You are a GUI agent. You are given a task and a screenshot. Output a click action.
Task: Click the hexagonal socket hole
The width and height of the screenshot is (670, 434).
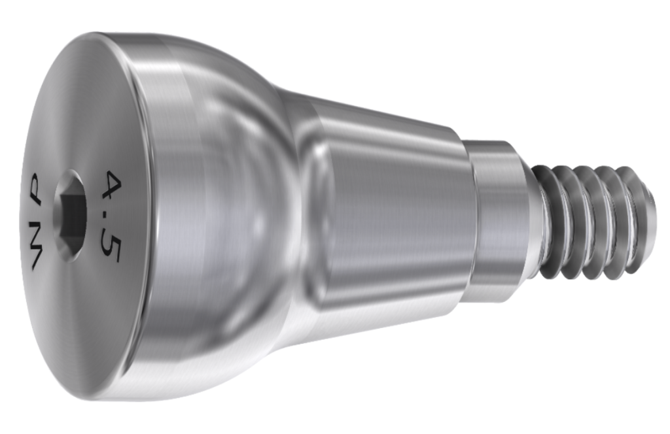(70, 216)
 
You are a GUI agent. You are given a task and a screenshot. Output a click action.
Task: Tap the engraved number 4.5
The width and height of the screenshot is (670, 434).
(111, 216)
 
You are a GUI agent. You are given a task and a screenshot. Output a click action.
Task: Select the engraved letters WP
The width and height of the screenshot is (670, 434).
(35, 220)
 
